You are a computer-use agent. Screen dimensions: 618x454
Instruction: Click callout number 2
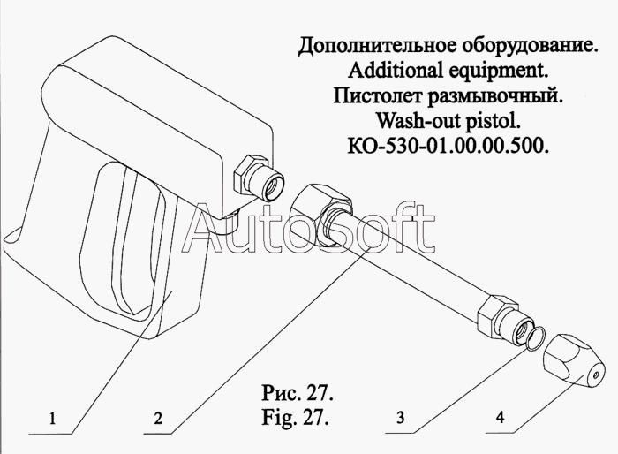pos(157,420)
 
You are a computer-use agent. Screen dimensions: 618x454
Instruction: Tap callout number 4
pos(501,420)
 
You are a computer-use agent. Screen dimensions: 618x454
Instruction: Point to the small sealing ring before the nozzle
pos(531,337)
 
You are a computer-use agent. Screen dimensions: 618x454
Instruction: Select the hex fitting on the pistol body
pos(255,172)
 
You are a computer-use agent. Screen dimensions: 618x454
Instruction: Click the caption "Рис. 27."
pos(296,390)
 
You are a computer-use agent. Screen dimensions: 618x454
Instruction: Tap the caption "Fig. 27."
pos(296,415)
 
